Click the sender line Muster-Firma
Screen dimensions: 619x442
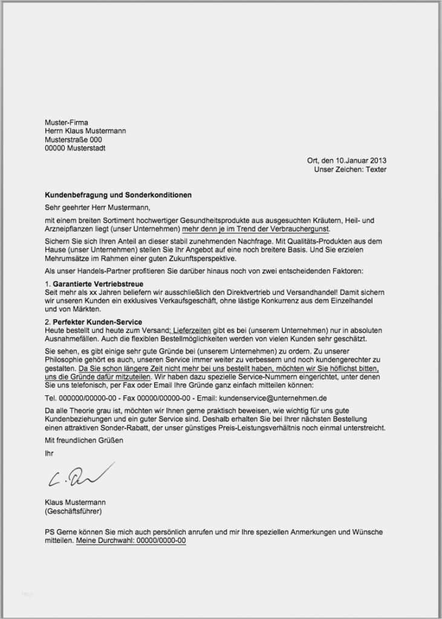click(x=67, y=123)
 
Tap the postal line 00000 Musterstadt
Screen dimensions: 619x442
click(x=75, y=148)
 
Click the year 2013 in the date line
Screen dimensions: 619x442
click(x=378, y=161)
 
